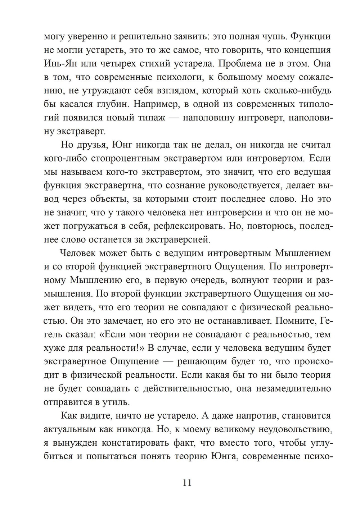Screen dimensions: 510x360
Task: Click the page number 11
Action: tap(187, 482)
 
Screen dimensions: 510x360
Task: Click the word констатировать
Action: tap(135, 443)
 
